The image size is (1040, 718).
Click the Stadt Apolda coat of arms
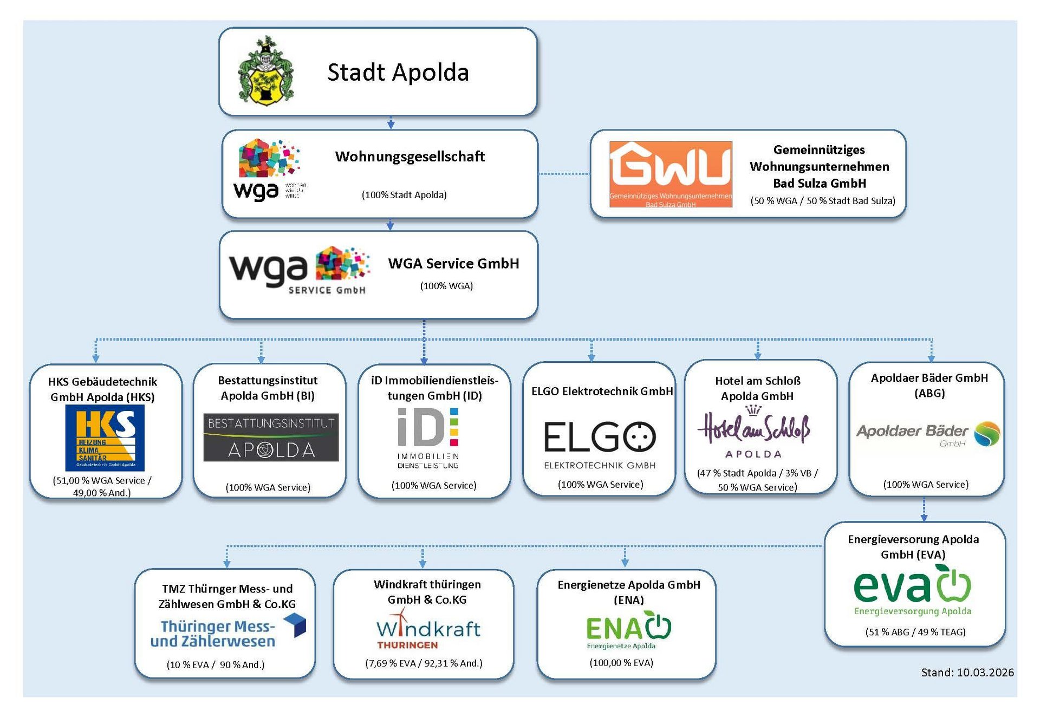(265, 71)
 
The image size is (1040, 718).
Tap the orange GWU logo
(671, 174)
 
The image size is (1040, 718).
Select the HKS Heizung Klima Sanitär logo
(105, 438)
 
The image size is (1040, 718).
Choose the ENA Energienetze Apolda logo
(628, 630)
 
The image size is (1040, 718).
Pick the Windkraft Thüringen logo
(428, 630)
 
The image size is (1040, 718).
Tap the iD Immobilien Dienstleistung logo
(428, 438)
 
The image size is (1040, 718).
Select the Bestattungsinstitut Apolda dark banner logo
(271, 437)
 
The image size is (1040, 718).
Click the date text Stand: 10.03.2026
(967, 673)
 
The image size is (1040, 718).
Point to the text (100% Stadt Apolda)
(404, 195)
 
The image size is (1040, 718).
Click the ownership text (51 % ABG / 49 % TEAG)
(915, 632)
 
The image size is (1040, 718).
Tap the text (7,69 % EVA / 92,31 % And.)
(424, 663)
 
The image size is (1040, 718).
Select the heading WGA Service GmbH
(453, 264)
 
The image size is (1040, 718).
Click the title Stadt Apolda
(398, 73)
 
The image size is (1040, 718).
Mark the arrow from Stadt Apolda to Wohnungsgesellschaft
(391, 123)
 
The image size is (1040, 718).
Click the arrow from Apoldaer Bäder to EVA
(924, 510)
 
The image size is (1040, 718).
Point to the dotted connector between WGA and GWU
(564, 174)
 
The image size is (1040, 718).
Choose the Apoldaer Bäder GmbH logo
(928, 434)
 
